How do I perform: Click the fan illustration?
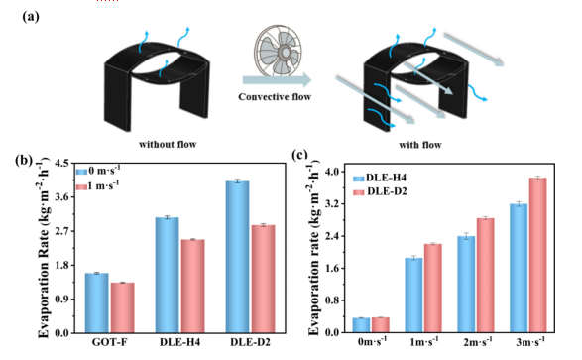point(278,51)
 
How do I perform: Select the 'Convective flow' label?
point(275,97)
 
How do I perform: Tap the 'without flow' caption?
point(168,144)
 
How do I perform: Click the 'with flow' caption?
point(420,145)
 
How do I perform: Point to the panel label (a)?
point(31,17)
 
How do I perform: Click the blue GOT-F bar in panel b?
point(97,302)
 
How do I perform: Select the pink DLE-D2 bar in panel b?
point(263,279)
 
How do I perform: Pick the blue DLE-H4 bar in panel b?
point(167,275)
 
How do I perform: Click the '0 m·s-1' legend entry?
point(98,172)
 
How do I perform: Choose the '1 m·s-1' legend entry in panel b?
point(98,185)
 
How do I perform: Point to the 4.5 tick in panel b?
point(62,163)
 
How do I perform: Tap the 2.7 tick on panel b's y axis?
point(62,231)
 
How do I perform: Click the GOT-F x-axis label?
point(109,342)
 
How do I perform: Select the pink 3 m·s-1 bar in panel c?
point(537,255)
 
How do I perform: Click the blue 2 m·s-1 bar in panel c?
point(466,285)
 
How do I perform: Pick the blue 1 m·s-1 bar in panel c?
point(413,296)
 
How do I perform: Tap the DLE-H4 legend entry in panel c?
point(380,178)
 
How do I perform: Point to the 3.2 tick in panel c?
point(332,203)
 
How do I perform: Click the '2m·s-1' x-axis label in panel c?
point(478,341)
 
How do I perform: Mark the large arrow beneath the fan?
point(277,79)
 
